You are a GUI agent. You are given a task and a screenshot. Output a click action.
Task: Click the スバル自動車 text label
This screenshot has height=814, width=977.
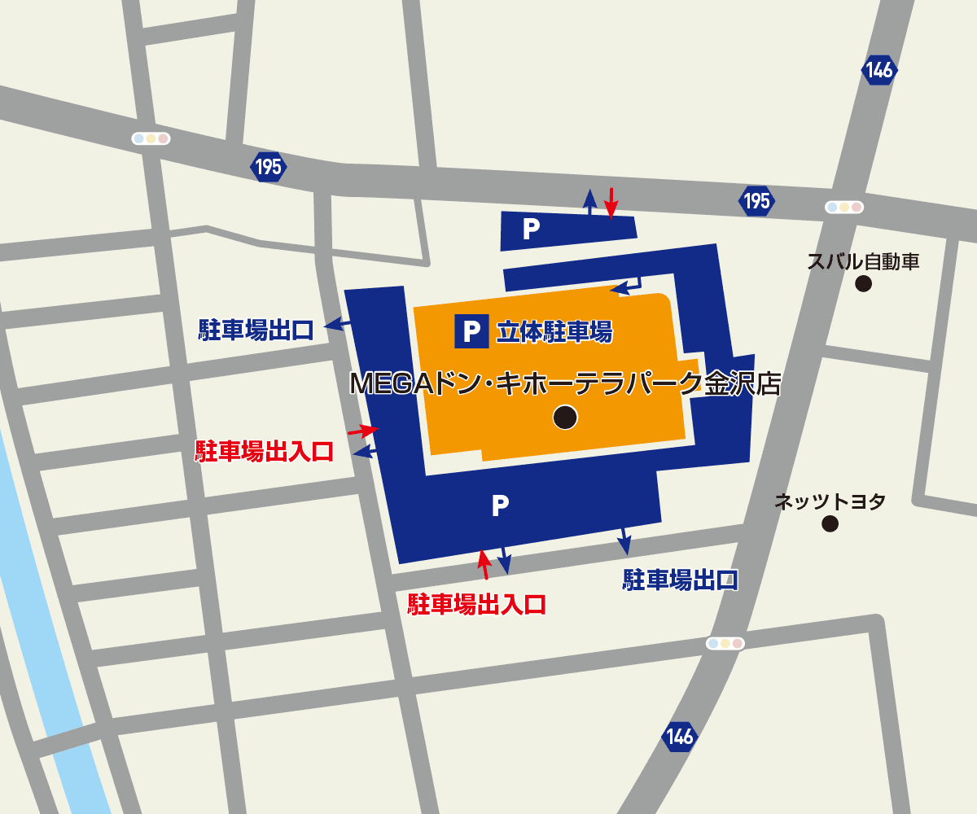click(863, 262)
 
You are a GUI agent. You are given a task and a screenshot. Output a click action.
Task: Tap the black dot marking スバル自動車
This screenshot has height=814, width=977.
click(863, 284)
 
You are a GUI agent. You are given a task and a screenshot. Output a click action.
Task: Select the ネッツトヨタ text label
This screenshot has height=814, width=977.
click(829, 501)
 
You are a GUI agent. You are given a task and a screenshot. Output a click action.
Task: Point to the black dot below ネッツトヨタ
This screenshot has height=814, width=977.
click(830, 523)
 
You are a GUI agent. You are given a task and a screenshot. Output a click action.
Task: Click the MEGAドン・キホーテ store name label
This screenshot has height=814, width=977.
click(565, 383)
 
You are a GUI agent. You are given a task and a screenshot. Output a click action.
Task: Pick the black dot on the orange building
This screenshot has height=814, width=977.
click(565, 417)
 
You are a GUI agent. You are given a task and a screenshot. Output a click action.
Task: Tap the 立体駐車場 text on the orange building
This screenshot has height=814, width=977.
click(554, 331)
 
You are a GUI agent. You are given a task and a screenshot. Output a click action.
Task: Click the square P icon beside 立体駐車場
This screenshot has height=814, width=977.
click(471, 331)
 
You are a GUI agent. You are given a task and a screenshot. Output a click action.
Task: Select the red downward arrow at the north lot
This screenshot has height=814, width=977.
click(611, 203)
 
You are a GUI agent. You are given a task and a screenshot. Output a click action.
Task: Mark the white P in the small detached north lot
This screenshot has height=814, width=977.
click(531, 230)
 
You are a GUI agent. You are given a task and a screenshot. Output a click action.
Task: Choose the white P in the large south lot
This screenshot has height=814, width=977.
click(500, 506)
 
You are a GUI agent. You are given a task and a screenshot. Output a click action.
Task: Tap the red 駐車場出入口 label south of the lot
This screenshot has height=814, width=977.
click(476, 604)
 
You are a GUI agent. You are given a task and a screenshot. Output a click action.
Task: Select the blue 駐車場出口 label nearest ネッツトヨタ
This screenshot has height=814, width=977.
click(681, 580)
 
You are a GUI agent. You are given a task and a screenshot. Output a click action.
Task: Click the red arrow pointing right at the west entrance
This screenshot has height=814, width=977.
click(364, 429)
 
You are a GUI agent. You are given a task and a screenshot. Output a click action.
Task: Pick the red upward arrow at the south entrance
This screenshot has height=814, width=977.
click(484, 563)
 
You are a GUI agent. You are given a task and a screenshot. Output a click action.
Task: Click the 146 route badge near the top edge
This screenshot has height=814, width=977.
click(879, 71)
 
